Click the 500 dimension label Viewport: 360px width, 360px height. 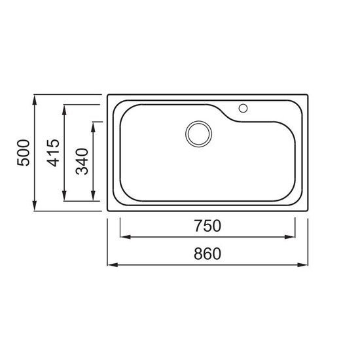(x=24, y=153)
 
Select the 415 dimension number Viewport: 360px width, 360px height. (x=53, y=153)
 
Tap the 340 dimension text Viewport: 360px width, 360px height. (x=82, y=162)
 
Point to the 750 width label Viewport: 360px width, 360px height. (x=207, y=226)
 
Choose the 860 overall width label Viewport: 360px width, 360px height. (x=207, y=254)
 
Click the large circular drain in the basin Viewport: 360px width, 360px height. (x=198, y=134)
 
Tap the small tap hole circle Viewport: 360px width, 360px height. (x=243, y=108)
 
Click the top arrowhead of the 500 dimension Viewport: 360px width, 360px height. (x=35, y=100)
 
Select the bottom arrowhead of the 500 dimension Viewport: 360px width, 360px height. (x=35, y=206)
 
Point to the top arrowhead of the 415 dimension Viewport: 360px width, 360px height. (x=64, y=110)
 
